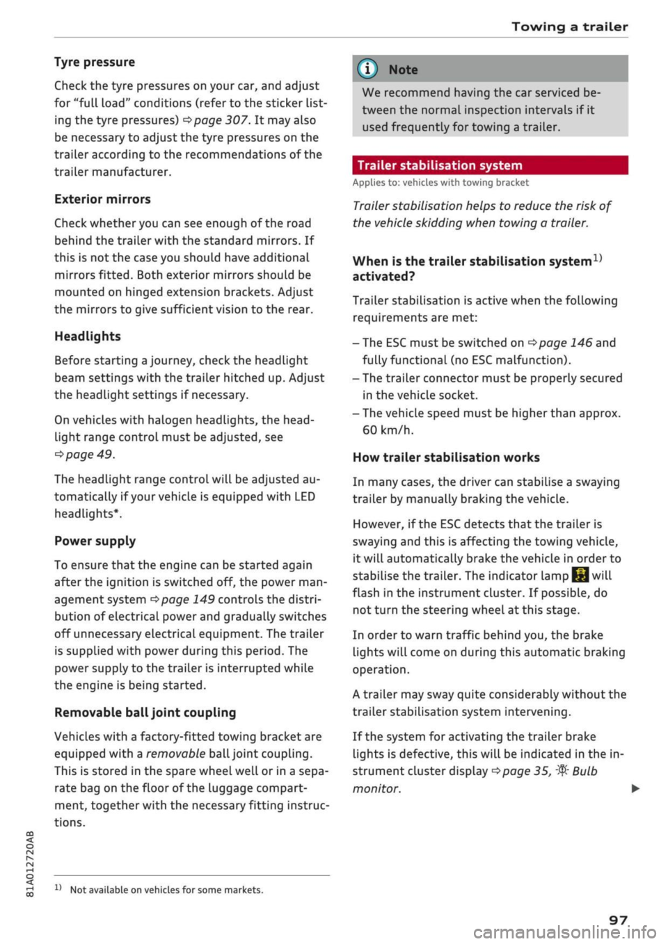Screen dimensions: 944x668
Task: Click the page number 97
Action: (x=618, y=920)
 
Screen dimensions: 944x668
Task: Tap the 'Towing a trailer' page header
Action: (x=569, y=26)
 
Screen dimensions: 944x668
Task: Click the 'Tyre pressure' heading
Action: (x=95, y=62)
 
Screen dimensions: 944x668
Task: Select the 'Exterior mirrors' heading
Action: (x=102, y=199)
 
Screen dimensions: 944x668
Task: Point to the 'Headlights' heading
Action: (x=88, y=336)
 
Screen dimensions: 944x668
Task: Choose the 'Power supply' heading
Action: (x=95, y=541)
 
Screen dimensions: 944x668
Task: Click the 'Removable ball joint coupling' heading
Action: (x=145, y=713)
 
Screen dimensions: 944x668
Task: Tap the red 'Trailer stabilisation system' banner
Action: (x=490, y=165)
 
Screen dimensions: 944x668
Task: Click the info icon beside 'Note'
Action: (x=367, y=70)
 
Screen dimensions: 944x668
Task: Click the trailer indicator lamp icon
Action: (x=580, y=576)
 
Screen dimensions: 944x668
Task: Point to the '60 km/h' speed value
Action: (x=388, y=430)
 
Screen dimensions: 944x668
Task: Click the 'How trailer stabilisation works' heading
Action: (x=446, y=457)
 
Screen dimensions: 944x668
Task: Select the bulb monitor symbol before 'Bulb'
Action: (x=562, y=771)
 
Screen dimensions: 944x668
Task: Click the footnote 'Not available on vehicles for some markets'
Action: (x=166, y=890)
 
